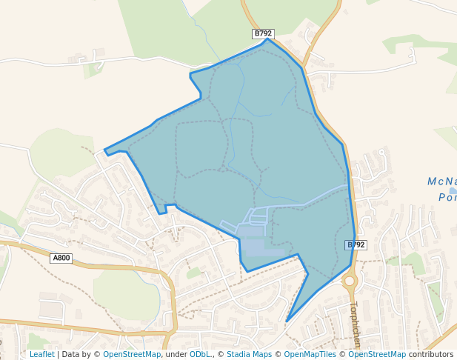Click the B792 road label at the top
(x=263, y=33)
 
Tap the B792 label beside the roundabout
(x=356, y=244)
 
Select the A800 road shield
(x=61, y=258)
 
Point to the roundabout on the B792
(x=349, y=281)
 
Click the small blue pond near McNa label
(x=453, y=190)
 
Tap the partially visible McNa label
(x=441, y=181)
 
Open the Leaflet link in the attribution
(x=41, y=354)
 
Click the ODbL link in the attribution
(x=200, y=354)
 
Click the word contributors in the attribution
(x=431, y=354)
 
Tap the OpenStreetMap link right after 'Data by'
(x=132, y=354)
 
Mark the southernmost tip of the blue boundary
(x=287, y=321)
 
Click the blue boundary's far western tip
(x=104, y=150)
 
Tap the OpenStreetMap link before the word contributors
(x=377, y=354)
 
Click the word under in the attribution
(x=176, y=354)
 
